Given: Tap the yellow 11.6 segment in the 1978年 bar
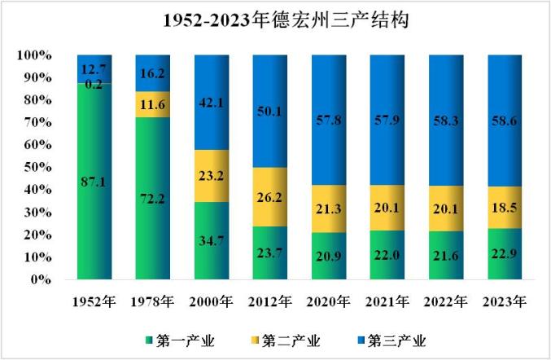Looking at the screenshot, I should click(x=153, y=104).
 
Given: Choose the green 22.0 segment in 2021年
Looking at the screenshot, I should click(x=387, y=255).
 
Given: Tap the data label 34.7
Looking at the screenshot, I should click(x=212, y=242).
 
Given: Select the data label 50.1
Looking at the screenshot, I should click(x=269, y=111).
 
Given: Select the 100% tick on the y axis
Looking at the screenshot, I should click(x=34, y=55).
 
